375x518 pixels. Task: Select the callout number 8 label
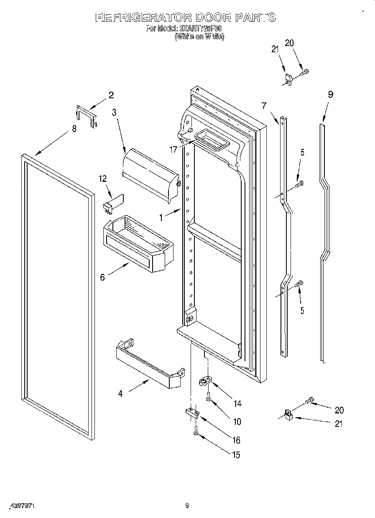click(74, 129)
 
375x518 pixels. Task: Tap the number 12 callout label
click(103, 179)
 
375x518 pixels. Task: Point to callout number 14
click(237, 403)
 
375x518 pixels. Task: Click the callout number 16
click(236, 440)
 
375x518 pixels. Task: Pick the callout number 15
click(236, 455)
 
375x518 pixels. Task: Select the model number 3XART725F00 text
click(201, 29)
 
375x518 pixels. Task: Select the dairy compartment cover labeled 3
click(151, 174)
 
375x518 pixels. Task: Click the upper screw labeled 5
click(299, 183)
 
